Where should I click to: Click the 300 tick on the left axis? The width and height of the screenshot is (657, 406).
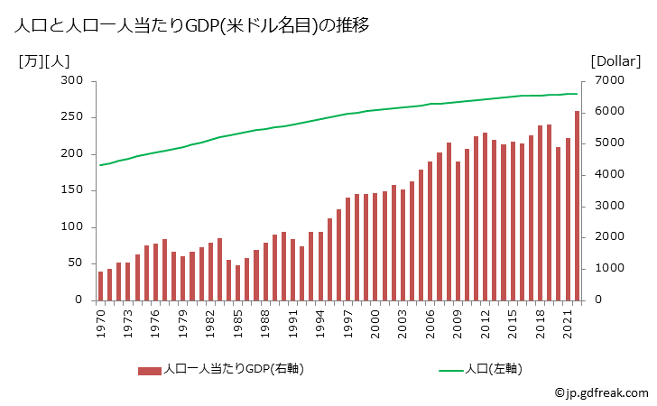72,81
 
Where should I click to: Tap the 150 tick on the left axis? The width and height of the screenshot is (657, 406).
72,190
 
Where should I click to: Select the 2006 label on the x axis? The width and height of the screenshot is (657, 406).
431,322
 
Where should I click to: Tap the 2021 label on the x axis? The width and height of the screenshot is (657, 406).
569,322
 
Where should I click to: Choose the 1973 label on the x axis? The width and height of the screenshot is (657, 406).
128,322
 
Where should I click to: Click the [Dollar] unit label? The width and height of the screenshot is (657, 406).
615,61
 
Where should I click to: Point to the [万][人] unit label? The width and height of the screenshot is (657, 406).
42,61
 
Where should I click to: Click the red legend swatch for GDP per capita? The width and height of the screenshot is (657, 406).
150,370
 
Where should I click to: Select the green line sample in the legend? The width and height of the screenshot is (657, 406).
451,370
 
